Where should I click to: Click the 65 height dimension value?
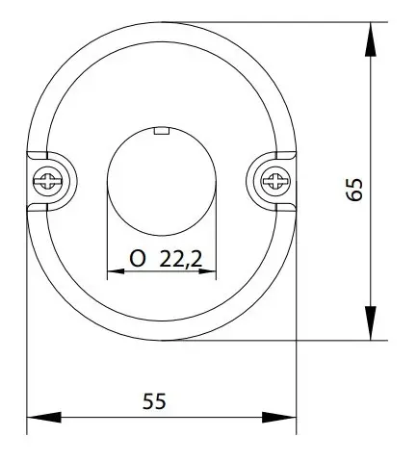coord(354,190)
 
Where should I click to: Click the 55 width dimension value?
coord(154,401)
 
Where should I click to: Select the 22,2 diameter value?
coord(181,259)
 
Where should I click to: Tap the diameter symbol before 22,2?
coord(138,259)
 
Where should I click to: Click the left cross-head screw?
coord(48,181)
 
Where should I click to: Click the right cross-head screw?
coord(275,181)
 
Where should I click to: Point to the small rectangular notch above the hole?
coord(162,131)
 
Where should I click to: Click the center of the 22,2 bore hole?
coord(162,181)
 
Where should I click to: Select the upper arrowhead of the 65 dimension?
coord(371,39)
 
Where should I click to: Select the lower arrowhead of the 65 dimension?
coord(371,322)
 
